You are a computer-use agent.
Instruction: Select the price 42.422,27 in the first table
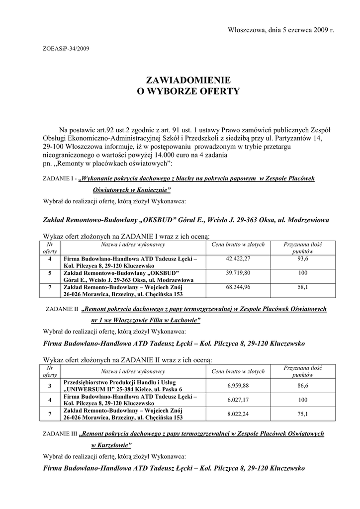point(238,259)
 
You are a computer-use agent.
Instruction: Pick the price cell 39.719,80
point(238,273)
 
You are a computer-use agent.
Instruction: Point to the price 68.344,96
point(238,287)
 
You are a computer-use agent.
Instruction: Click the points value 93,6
point(303,259)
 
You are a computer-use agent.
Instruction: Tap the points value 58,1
point(303,287)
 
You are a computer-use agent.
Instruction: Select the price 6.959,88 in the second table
point(238,386)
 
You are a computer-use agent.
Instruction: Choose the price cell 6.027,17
point(238,400)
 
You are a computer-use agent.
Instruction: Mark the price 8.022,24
point(238,414)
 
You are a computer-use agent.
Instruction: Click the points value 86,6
point(303,386)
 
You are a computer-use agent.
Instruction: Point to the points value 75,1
point(303,414)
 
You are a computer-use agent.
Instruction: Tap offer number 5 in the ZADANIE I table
point(50,273)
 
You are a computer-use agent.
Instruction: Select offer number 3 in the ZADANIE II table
point(50,386)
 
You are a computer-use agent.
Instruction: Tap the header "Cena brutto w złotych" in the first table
point(238,245)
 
